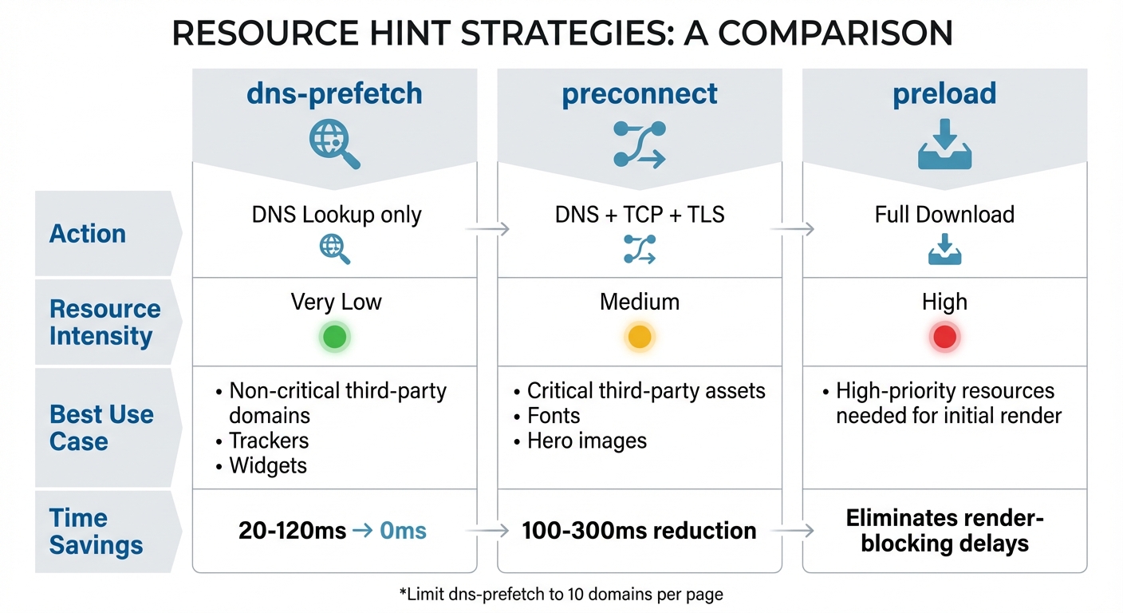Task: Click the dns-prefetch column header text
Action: point(334,93)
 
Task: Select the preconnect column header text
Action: point(640,93)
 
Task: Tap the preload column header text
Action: point(944,93)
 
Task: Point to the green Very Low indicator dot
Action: point(334,337)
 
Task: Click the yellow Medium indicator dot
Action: point(640,337)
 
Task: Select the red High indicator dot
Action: point(944,337)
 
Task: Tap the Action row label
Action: point(88,234)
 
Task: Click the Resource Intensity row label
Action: point(104,322)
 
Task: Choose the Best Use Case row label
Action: point(101,428)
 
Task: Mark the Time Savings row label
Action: point(96,532)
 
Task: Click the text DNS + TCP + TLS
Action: point(640,215)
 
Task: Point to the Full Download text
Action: point(944,215)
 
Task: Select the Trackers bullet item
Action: point(268,441)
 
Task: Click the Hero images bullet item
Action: point(586,441)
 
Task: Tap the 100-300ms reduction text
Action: point(640,531)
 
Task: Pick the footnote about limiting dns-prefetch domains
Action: point(561,594)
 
